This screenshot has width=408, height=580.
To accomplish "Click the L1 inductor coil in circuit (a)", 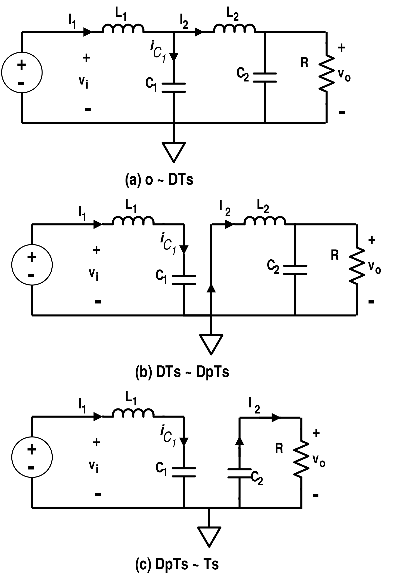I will pos(123,28).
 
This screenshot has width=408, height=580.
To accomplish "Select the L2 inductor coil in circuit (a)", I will pos(234,28).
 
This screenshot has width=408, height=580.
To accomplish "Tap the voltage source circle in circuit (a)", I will pos(22,73).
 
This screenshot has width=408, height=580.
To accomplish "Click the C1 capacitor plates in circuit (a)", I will pos(174,88).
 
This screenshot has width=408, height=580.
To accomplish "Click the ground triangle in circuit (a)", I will pos(174,151).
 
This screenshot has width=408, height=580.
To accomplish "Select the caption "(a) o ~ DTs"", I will pos(159,180).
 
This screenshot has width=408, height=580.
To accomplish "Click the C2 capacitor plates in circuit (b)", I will pos(295,270).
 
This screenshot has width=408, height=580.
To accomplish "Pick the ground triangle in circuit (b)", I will pos(211,343).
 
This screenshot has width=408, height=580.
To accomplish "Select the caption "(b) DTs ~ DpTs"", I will pos(182,372).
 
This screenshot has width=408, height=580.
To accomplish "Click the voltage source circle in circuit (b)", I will pos(32,265).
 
